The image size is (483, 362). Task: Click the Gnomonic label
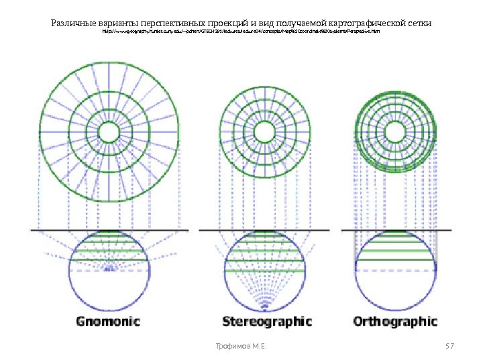pyautogui.click(x=107, y=321)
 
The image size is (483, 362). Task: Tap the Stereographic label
pyautogui.click(x=267, y=321)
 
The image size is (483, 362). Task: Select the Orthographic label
pyautogui.click(x=395, y=321)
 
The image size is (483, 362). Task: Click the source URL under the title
pyautogui.click(x=241, y=32)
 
